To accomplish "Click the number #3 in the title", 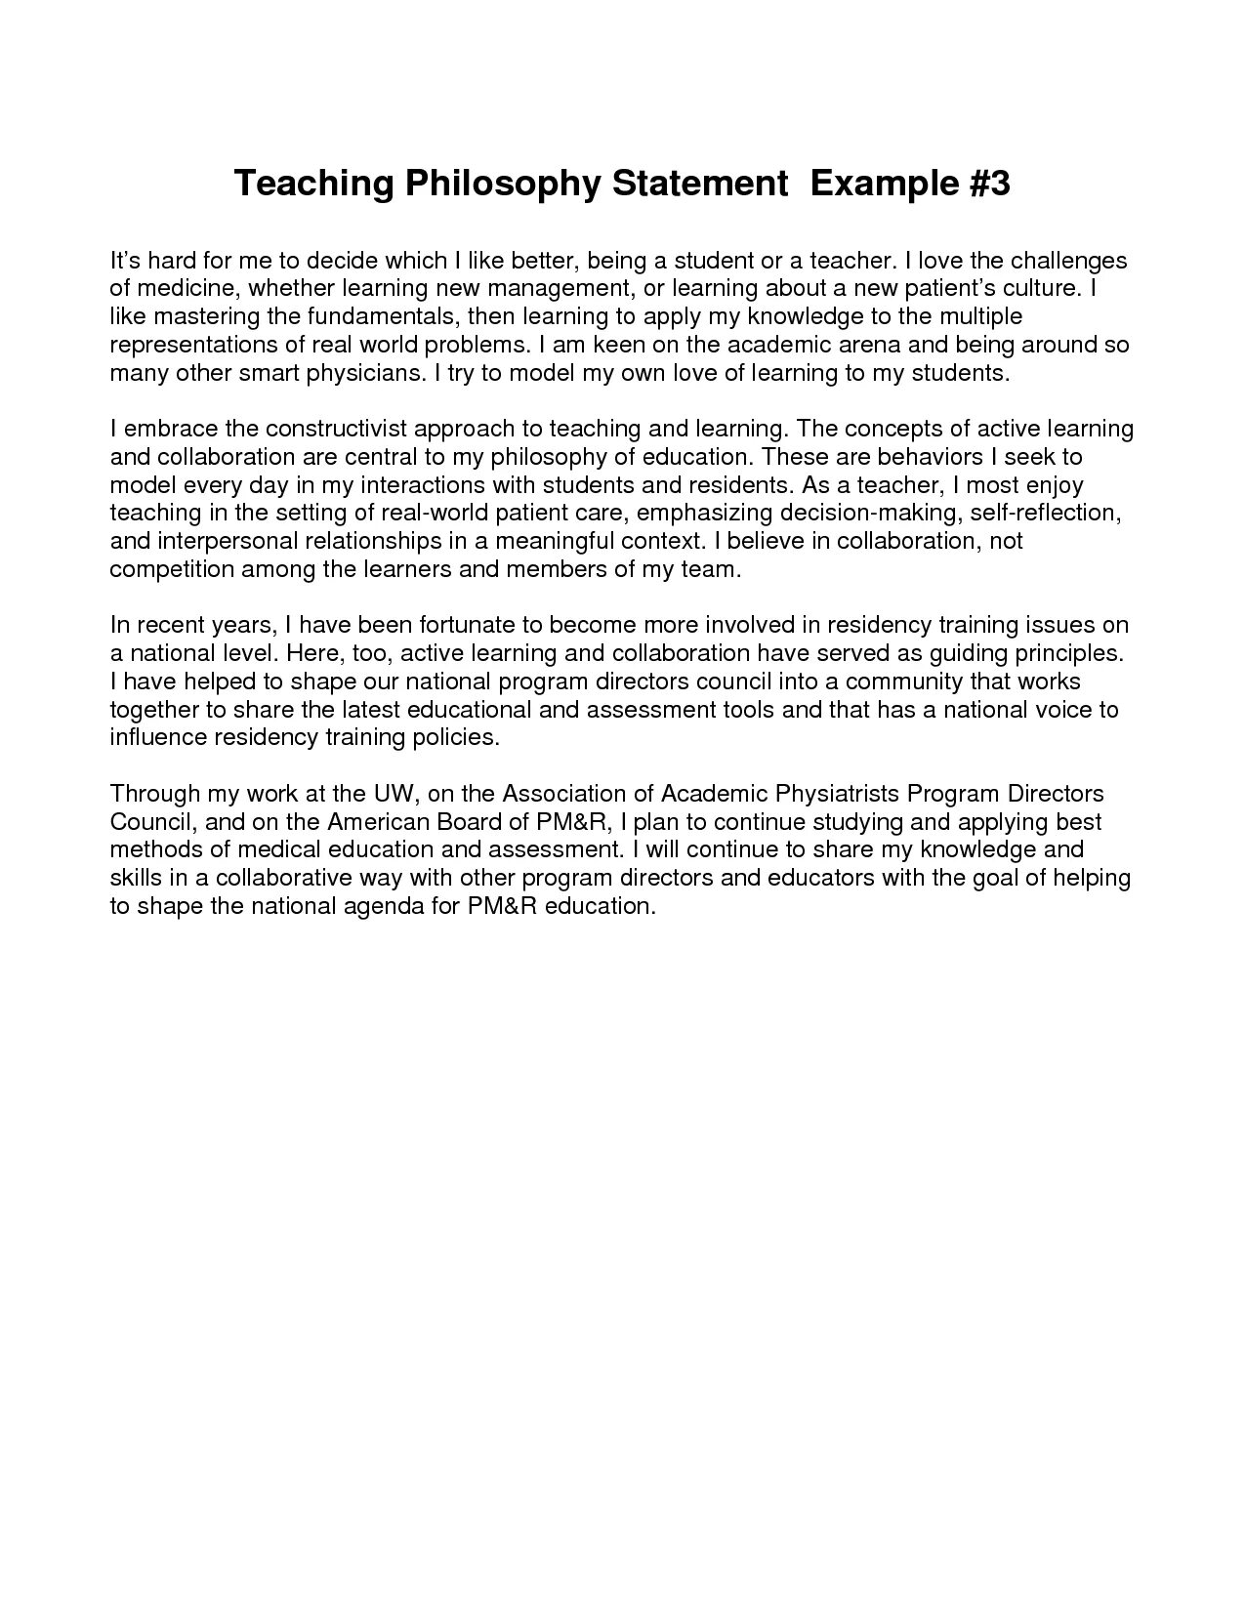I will click(984, 184).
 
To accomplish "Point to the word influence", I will click(157, 737).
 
